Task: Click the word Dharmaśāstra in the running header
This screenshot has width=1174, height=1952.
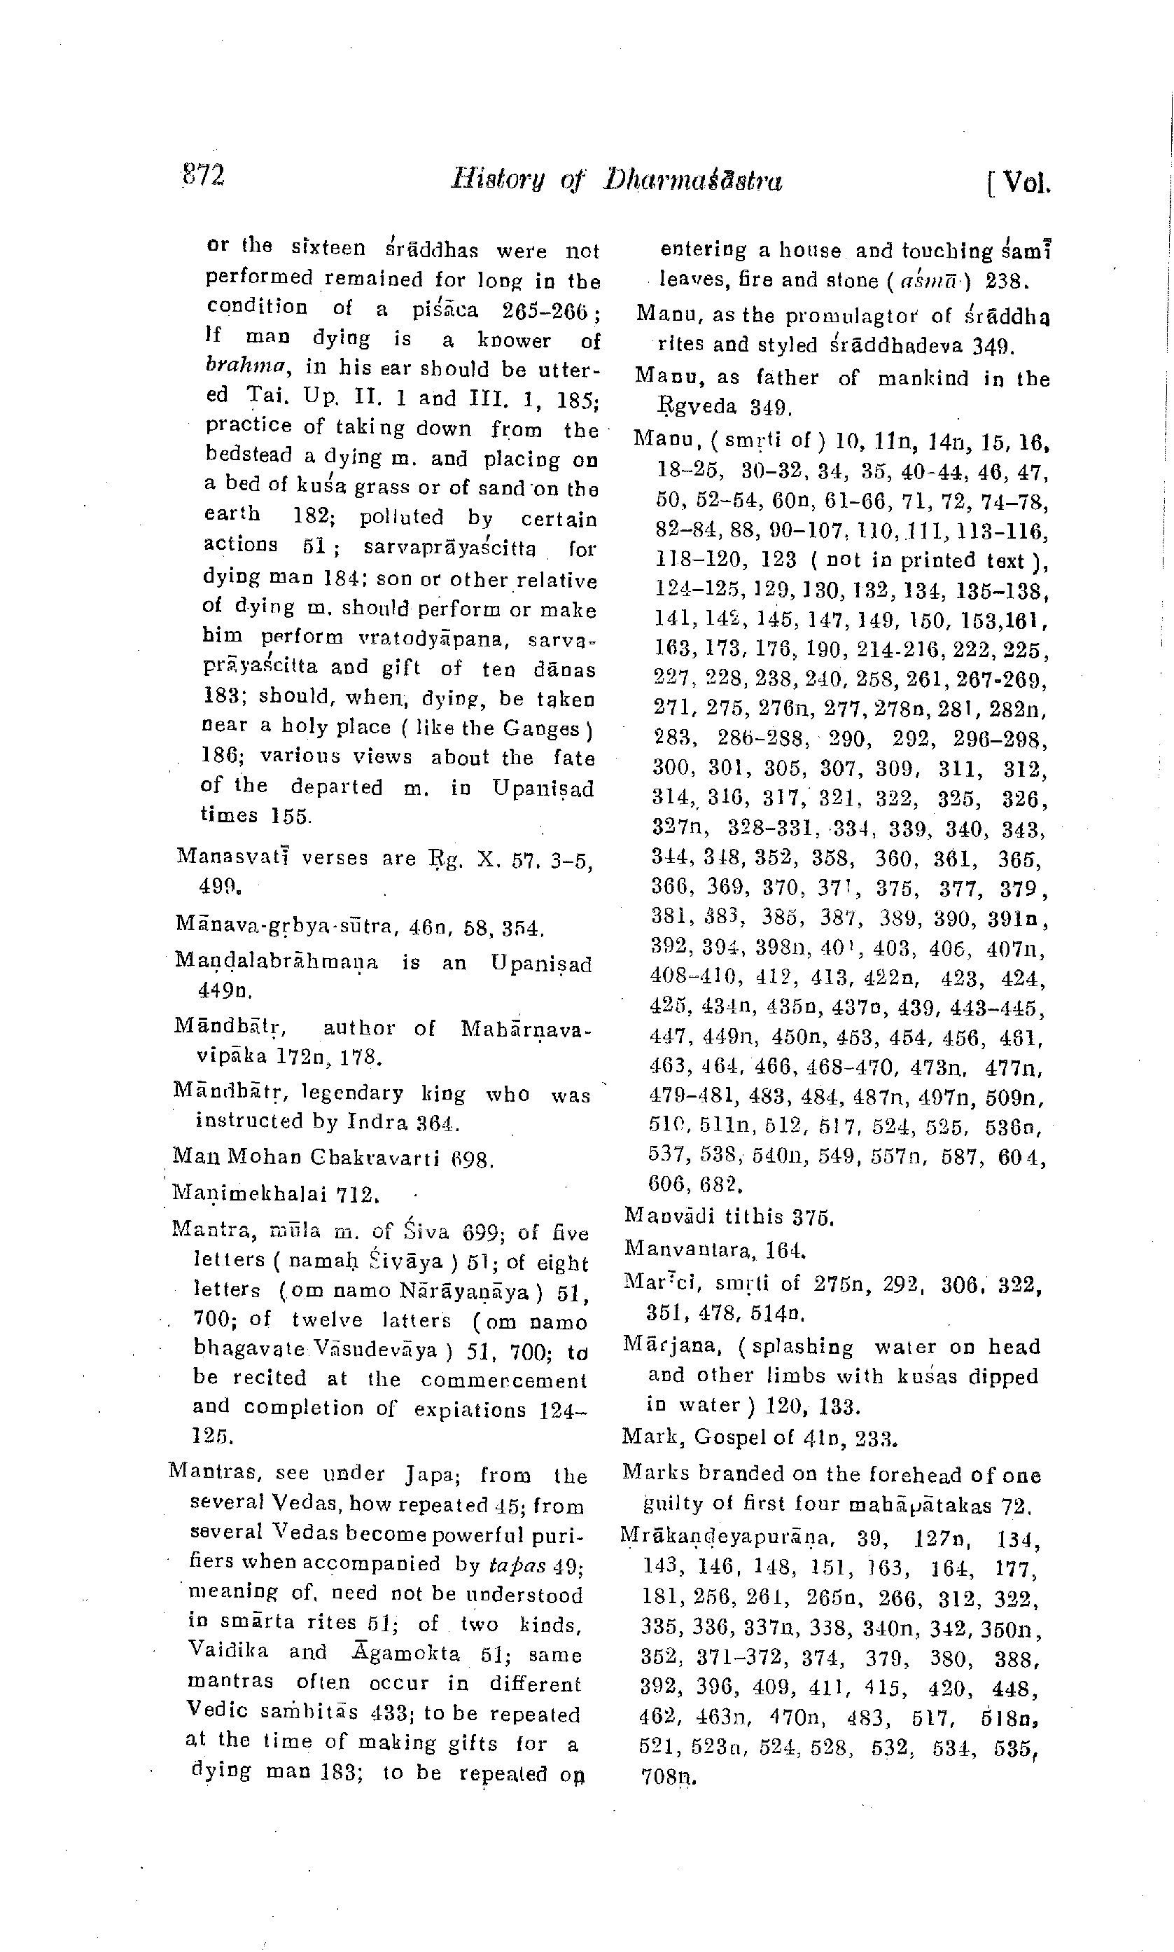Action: tap(693, 181)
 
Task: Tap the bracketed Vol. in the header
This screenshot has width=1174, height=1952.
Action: tap(1019, 184)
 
